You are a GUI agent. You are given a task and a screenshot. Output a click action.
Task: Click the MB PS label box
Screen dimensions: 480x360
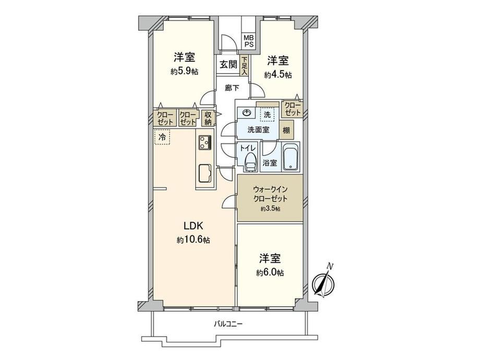coord(248,40)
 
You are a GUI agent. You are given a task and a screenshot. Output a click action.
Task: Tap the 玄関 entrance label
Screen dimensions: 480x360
coord(229,65)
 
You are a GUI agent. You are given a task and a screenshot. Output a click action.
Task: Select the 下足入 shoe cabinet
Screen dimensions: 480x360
coord(244,66)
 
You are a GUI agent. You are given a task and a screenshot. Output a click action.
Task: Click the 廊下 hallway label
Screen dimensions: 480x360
coord(232,88)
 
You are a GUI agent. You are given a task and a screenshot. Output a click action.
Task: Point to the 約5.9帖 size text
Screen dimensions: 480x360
coord(184,71)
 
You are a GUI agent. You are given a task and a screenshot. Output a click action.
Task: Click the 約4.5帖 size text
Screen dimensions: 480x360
coord(278,75)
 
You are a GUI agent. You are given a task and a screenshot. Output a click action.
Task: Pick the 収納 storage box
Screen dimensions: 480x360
coord(208,118)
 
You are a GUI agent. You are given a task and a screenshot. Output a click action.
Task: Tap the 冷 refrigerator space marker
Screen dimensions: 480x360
coord(162,137)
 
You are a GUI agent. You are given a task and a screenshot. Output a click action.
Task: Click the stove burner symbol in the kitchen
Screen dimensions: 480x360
coord(205,142)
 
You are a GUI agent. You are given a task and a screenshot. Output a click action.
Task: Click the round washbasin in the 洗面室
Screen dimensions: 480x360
coord(246,113)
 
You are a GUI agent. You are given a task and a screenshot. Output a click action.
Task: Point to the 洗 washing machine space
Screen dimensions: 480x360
coord(267,114)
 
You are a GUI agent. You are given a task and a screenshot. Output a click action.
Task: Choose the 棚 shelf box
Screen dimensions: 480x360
coord(286,130)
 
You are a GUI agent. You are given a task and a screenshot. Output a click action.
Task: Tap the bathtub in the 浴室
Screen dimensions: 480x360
coord(291,157)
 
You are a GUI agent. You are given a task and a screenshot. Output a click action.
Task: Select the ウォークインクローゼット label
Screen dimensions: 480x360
coord(270,194)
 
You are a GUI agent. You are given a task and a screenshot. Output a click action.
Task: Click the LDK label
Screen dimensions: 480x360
coord(193,226)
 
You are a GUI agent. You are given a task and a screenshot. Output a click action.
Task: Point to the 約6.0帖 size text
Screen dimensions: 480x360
coord(270,272)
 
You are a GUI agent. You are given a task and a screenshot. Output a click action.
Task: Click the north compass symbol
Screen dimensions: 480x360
coord(324,282)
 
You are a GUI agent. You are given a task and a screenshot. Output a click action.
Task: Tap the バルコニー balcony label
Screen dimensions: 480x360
coord(228,323)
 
